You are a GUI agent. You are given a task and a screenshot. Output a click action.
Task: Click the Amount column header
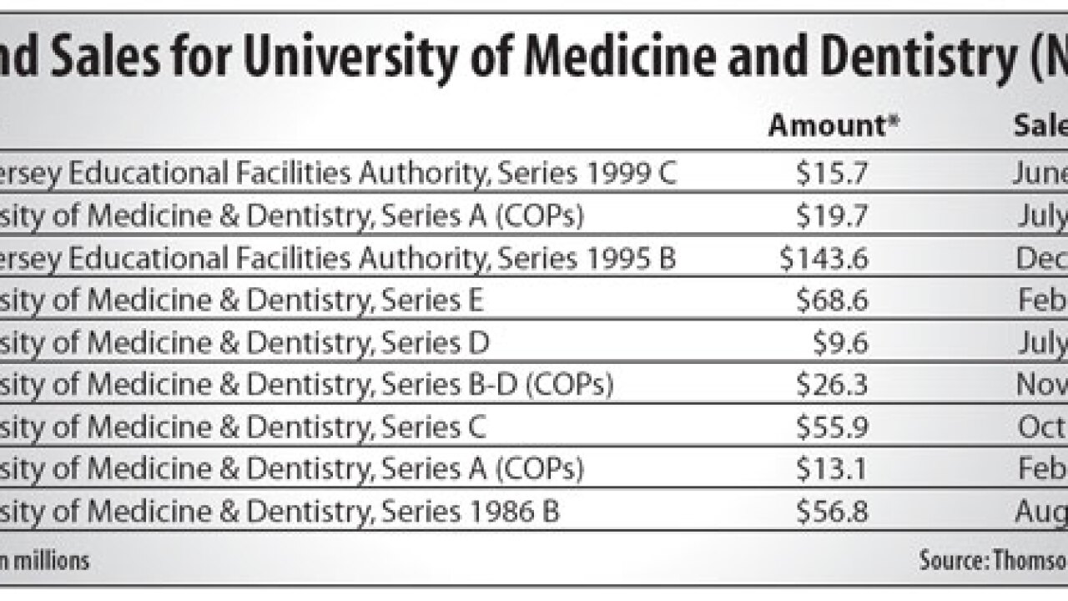(x=834, y=126)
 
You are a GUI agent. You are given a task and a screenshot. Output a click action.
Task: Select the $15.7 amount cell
(x=832, y=173)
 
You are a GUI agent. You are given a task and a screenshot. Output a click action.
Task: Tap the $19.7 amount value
(x=832, y=215)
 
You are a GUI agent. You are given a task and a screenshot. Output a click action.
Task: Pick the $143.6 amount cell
(x=824, y=258)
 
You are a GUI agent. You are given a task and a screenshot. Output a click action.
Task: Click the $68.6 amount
(x=832, y=300)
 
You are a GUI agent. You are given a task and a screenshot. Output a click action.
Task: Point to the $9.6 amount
(x=840, y=343)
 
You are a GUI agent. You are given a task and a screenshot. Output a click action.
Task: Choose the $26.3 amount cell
(x=832, y=385)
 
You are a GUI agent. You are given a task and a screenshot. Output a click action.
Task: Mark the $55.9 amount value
(x=832, y=427)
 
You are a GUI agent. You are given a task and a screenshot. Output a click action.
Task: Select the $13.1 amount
(x=832, y=469)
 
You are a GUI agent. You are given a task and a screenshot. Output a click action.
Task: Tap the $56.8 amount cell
(x=832, y=512)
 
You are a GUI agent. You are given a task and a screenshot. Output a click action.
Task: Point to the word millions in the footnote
(x=49, y=560)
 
